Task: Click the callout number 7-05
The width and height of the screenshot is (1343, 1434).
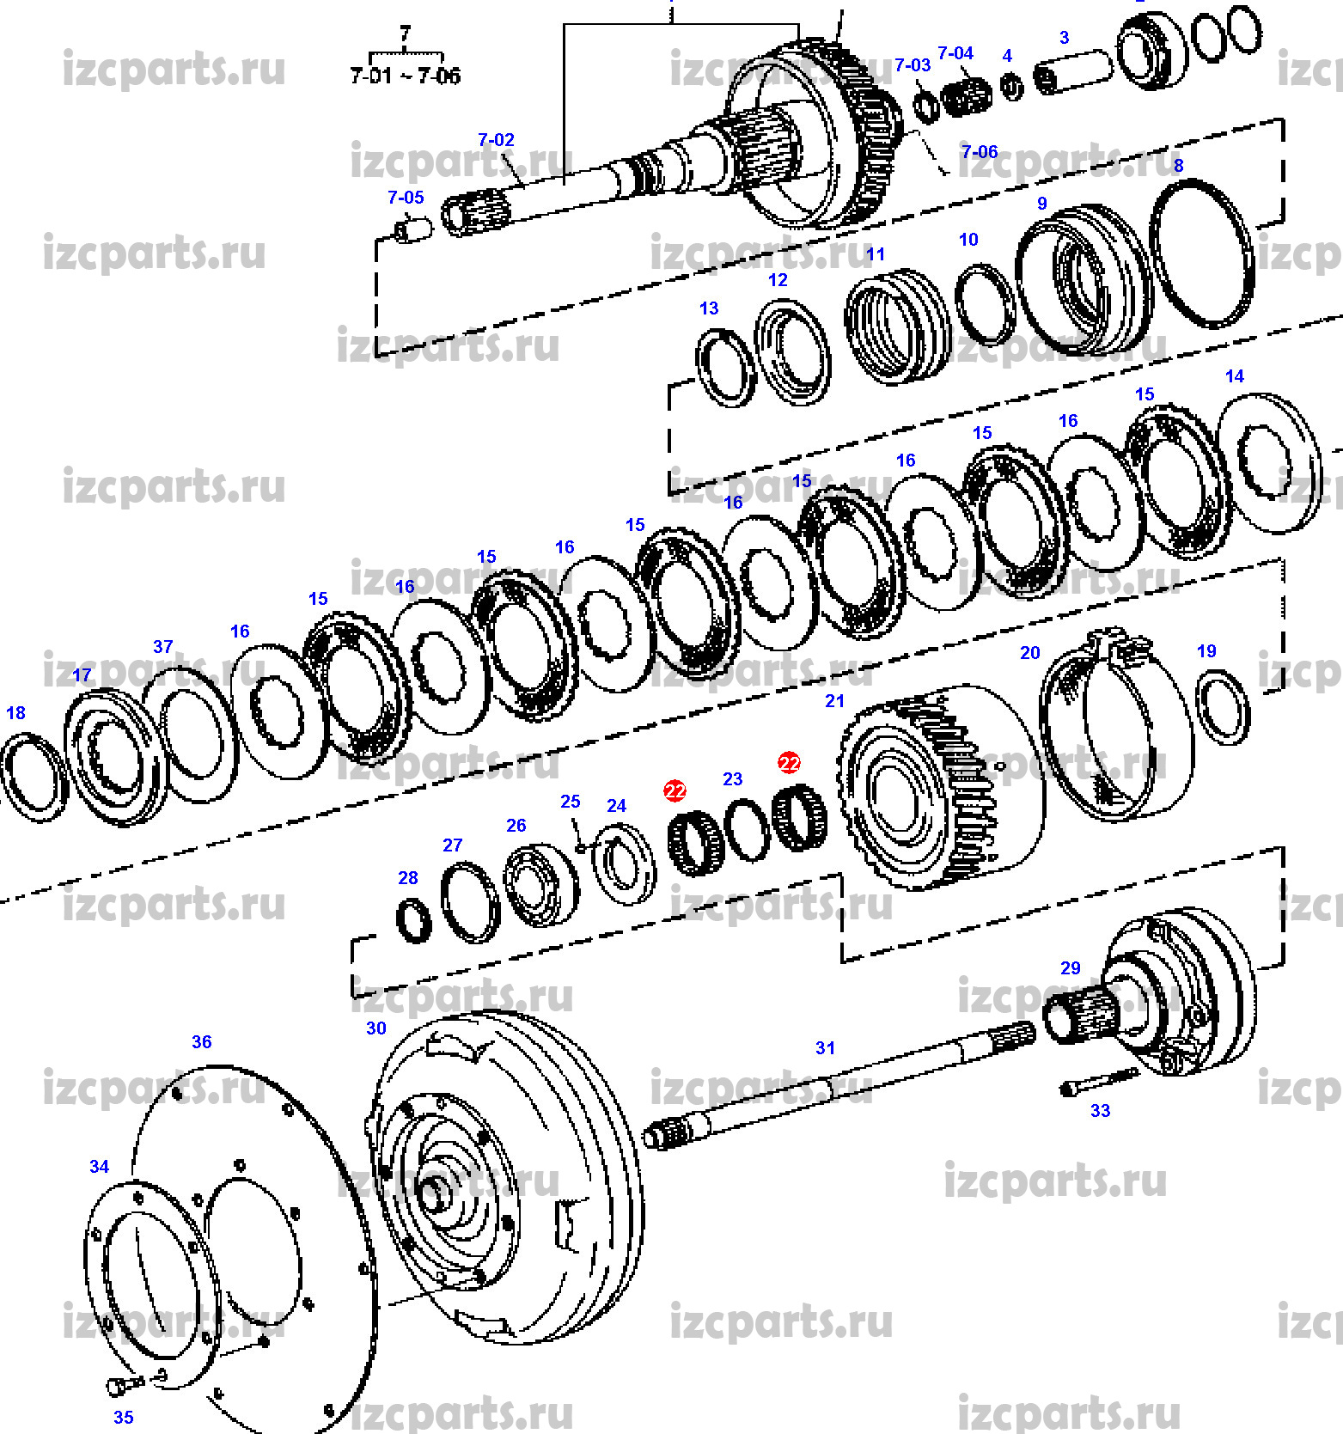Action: [x=406, y=198]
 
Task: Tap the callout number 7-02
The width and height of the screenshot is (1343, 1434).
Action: [x=496, y=140]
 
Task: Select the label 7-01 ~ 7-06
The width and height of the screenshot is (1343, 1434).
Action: [x=405, y=76]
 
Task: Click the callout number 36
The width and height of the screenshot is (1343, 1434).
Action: [x=201, y=1042]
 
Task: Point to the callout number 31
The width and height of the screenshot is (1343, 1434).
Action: [x=825, y=1048]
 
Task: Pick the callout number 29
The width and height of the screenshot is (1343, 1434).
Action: [x=1070, y=968]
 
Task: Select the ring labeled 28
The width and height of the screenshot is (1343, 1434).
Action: [x=413, y=921]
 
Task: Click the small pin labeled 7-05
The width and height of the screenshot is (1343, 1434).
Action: [x=412, y=230]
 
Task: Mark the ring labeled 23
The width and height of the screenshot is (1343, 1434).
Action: [x=747, y=830]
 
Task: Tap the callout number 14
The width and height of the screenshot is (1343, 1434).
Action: [x=1234, y=376]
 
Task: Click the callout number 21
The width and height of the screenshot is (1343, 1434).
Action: [x=834, y=701]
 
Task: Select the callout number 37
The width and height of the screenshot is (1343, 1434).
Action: [x=162, y=646]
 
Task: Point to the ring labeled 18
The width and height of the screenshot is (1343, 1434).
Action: [x=33, y=777]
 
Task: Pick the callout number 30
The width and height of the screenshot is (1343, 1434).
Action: [x=375, y=1028]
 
